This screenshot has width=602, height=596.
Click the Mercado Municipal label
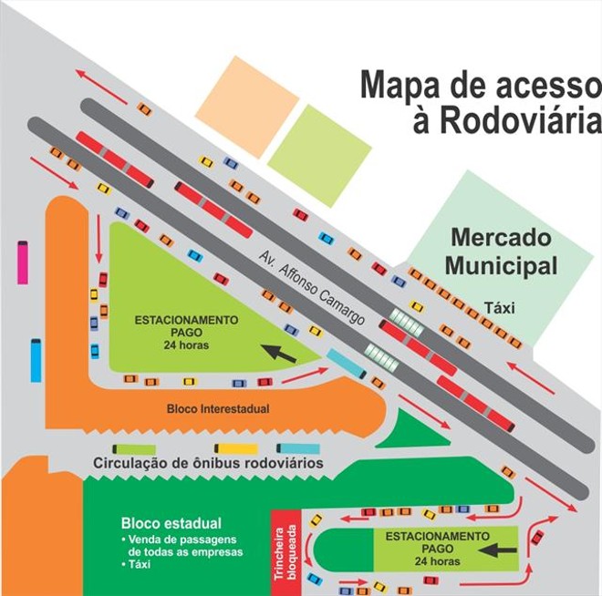[503, 252]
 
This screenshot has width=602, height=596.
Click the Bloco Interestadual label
[219, 408]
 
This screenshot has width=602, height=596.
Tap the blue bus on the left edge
[36, 360]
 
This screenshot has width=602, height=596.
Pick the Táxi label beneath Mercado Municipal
[501, 308]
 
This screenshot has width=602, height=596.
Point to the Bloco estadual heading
[171, 523]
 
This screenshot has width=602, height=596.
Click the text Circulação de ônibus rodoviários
[209, 464]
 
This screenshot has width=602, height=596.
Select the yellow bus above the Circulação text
[236, 448]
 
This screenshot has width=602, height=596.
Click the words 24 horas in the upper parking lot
[185, 345]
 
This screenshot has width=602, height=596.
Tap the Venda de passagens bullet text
[183, 546]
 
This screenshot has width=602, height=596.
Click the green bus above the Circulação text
[133, 448]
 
